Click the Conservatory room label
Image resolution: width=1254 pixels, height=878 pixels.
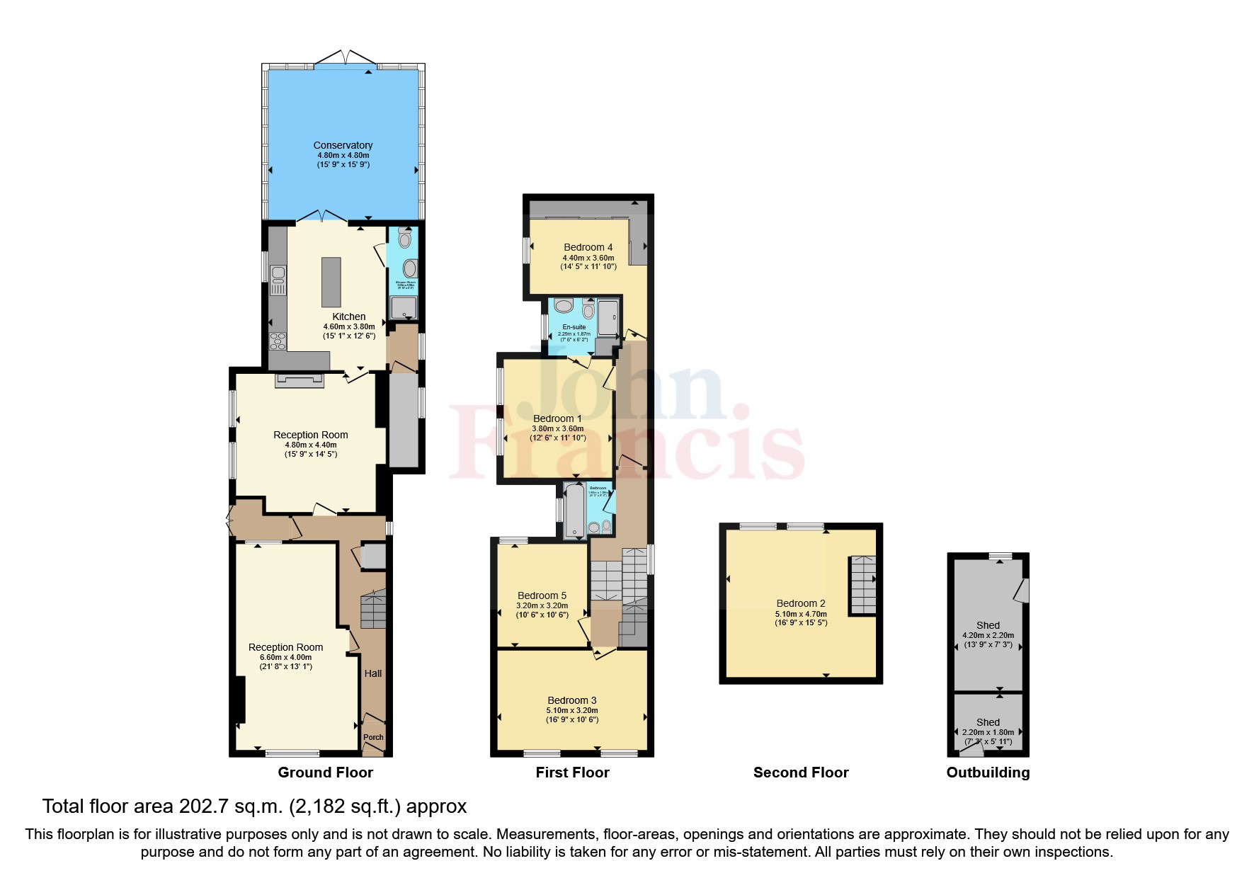click(343, 145)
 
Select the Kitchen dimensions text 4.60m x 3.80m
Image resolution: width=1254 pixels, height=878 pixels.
click(348, 326)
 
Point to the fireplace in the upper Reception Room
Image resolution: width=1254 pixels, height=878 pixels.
click(300, 381)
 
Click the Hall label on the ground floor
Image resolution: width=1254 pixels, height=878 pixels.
click(372, 673)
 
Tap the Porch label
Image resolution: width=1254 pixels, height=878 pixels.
click(373, 737)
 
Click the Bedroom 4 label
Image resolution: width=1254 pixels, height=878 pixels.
click(588, 247)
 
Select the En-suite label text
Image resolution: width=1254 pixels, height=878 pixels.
click(574, 327)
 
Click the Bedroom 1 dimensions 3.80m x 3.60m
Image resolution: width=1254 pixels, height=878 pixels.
click(558, 428)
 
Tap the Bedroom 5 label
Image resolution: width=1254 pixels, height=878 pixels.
click(542, 595)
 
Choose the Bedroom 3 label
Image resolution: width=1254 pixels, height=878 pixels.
click(571, 700)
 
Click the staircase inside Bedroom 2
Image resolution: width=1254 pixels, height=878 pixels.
click(862, 585)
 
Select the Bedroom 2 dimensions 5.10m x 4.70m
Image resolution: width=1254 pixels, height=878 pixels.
click(801, 614)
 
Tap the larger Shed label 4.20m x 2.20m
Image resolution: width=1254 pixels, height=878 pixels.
click(988, 625)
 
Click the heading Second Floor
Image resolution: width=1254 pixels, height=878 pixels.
click(800, 772)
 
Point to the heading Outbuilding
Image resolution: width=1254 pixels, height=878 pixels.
click(988, 772)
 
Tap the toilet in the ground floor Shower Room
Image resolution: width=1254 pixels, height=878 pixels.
click(404, 239)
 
